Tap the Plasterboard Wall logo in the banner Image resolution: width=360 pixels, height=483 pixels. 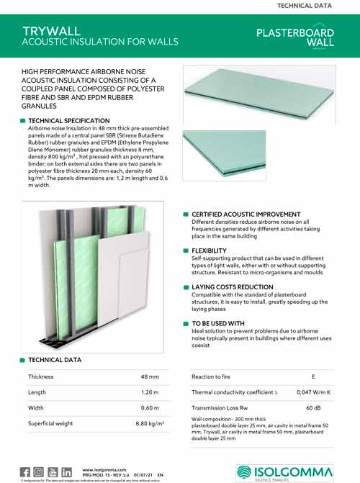click(x=295, y=37)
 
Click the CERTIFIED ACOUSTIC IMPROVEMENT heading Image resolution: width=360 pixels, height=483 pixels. click(x=246, y=215)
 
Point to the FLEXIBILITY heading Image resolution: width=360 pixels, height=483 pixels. click(x=214, y=250)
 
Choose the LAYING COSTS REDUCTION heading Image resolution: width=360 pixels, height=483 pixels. click(x=232, y=286)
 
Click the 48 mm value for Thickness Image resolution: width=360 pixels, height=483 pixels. click(x=150, y=377)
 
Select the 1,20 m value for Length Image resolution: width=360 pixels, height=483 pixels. click(x=149, y=392)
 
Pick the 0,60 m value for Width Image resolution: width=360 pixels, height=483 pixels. click(x=149, y=408)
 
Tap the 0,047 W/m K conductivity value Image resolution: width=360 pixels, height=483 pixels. click(x=313, y=392)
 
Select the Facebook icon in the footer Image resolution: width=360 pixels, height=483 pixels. click(x=25, y=471)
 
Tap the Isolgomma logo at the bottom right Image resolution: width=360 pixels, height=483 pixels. click(x=285, y=471)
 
